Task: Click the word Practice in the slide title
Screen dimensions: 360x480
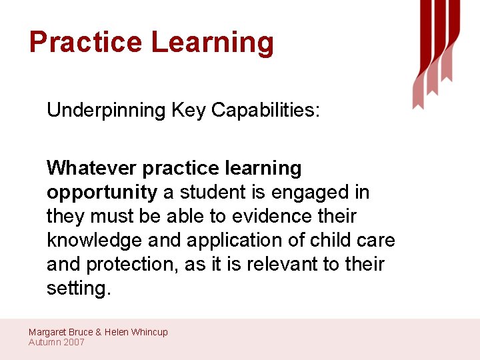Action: click(x=86, y=42)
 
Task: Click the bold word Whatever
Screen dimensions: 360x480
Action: click(x=92, y=168)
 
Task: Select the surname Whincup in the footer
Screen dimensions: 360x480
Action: click(x=149, y=332)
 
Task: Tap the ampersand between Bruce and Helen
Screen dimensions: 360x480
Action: click(x=99, y=332)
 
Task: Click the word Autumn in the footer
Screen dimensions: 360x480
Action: click(x=44, y=342)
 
